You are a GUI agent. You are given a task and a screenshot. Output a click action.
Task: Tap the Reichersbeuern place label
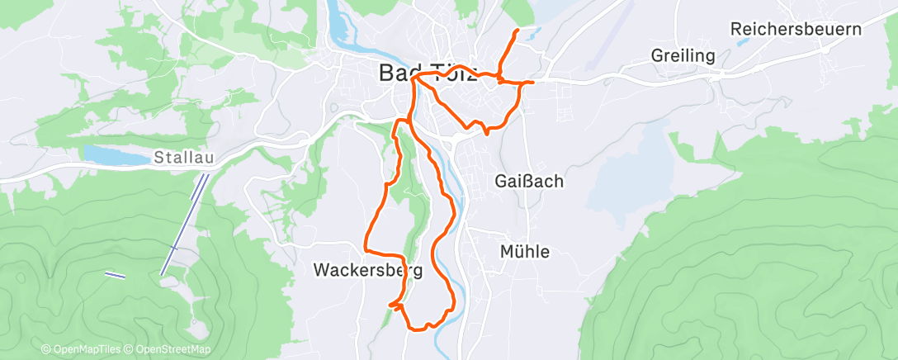tap(796, 30)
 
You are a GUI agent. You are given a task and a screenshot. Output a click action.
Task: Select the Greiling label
tap(683, 56)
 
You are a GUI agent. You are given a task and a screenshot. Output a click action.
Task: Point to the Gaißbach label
tap(529, 181)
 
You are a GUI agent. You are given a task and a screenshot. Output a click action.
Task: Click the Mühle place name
tap(525, 252)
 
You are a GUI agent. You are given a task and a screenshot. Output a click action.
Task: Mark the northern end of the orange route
tap(517, 31)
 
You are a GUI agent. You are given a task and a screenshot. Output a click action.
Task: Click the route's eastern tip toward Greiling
tap(533, 83)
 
